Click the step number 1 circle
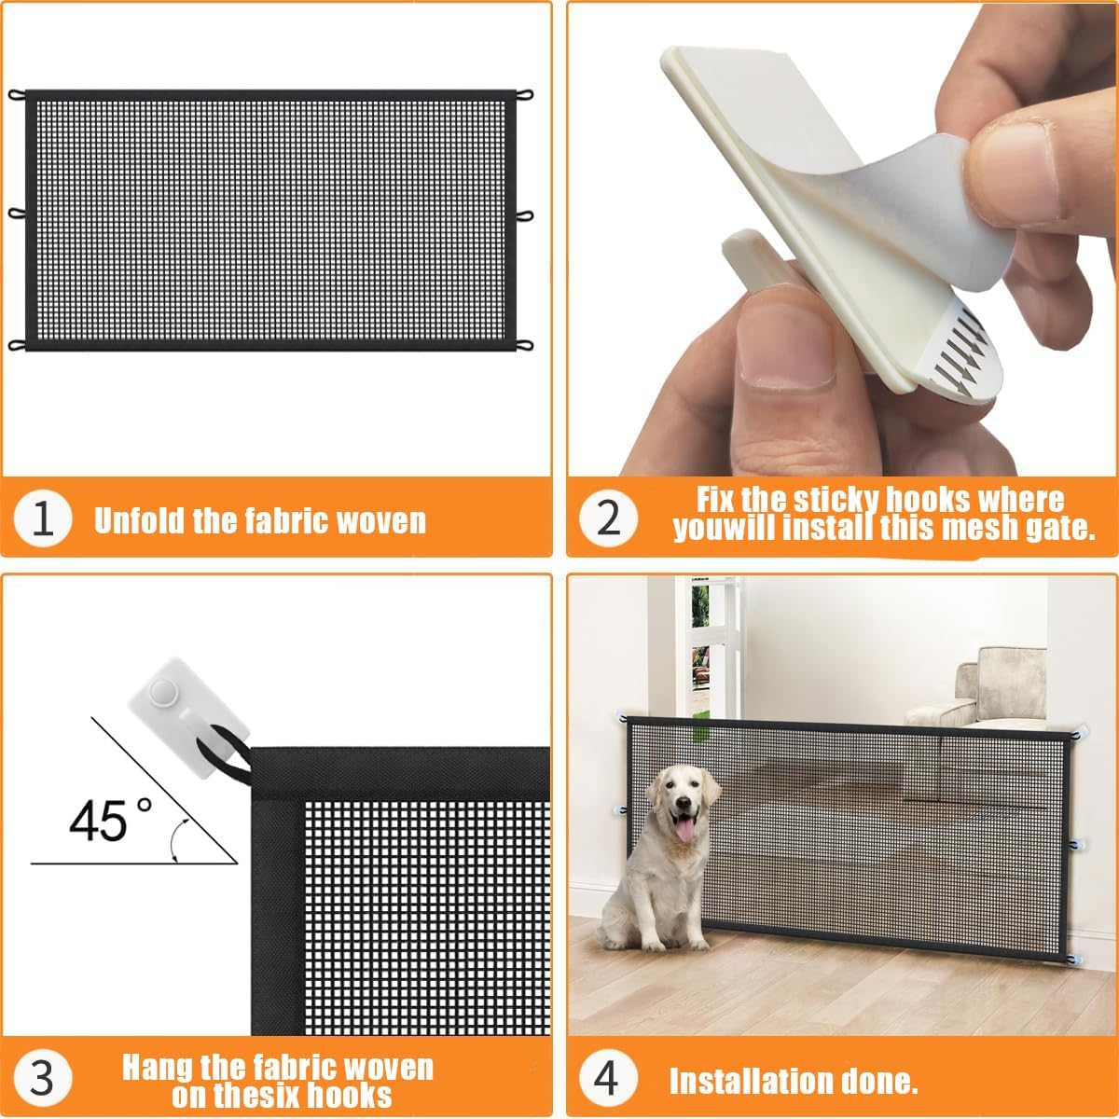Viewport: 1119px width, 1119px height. pos(43,518)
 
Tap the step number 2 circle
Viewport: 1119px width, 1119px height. pos(608,517)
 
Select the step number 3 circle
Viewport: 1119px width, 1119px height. pos(42,1079)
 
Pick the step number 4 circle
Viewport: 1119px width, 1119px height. pos(607,1079)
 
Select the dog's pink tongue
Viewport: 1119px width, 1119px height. pos(684,829)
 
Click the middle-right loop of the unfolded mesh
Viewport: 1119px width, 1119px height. pos(525,215)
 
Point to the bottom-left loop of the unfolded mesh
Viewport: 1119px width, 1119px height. pos(17,346)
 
